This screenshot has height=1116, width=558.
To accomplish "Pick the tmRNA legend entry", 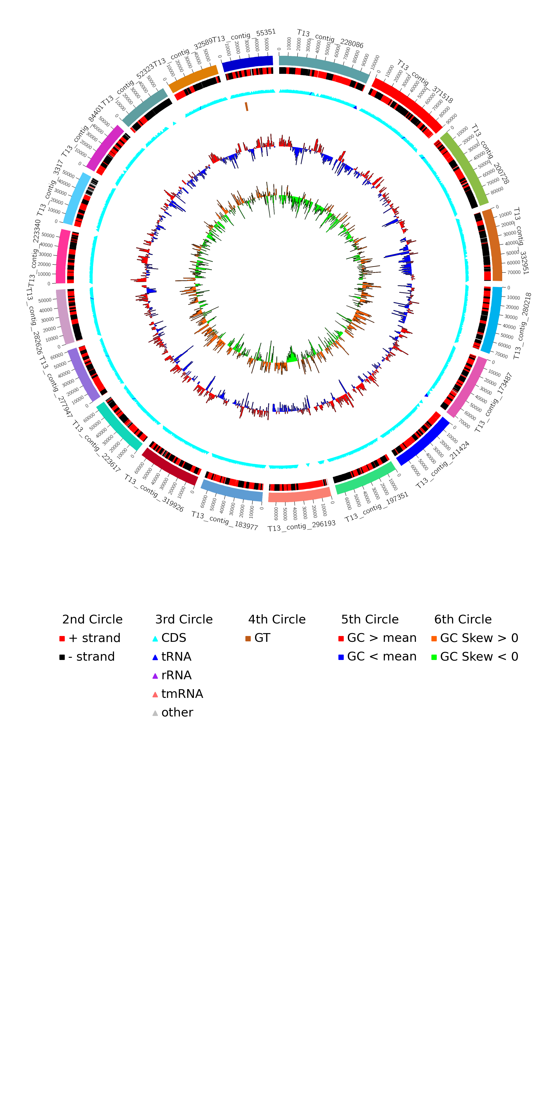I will pyautogui.click(x=178, y=694).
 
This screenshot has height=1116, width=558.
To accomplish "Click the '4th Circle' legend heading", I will pyautogui.click(x=277, y=620).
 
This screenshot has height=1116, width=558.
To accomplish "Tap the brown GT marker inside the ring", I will pyautogui.click(x=246, y=106).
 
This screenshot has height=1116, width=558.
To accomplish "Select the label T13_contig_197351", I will pyautogui.click(x=377, y=507).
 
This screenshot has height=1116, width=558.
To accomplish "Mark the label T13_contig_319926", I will pyautogui.click(x=154, y=493).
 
